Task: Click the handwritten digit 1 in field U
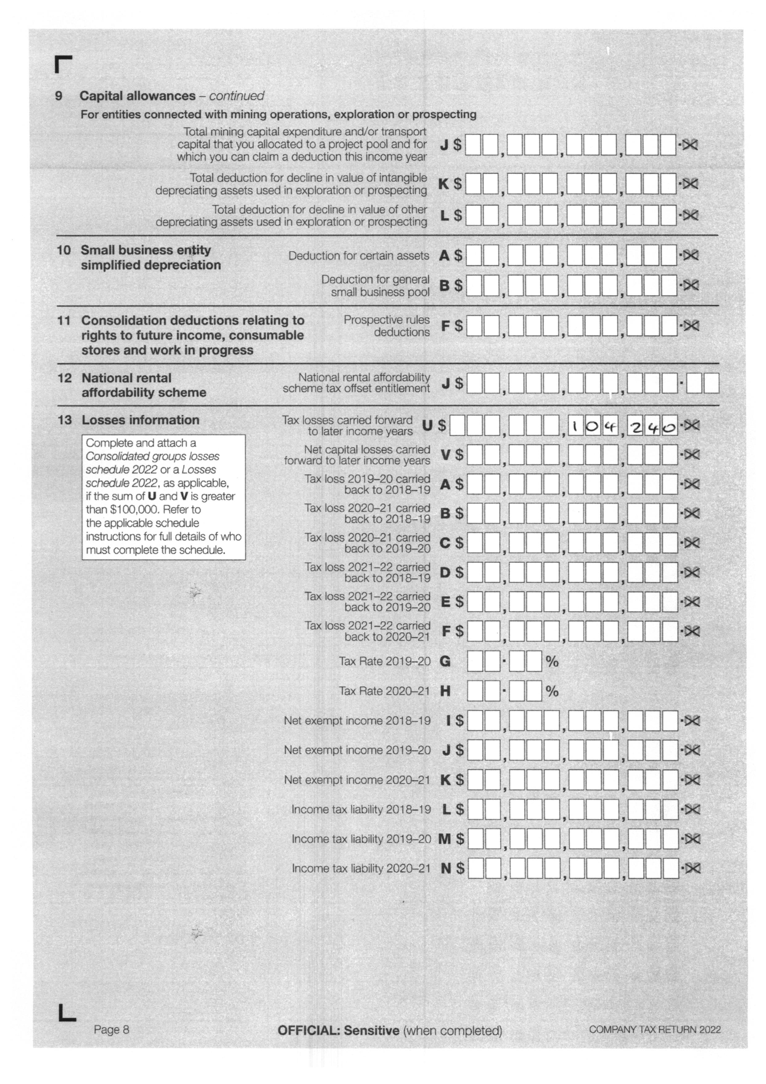(x=574, y=427)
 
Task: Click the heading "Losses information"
(x=140, y=420)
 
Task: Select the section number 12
(x=65, y=378)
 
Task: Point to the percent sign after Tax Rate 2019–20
(x=552, y=661)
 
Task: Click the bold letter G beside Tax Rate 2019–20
(x=444, y=661)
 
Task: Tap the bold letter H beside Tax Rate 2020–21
(x=444, y=691)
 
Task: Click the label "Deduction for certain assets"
(x=359, y=256)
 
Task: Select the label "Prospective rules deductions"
(x=386, y=326)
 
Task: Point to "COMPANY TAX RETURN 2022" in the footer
(x=655, y=1030)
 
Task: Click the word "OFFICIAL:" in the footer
(x=309, y=1030)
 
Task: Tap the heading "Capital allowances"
(x=137, y=96)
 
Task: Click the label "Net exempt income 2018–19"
(x=357, y=721)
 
